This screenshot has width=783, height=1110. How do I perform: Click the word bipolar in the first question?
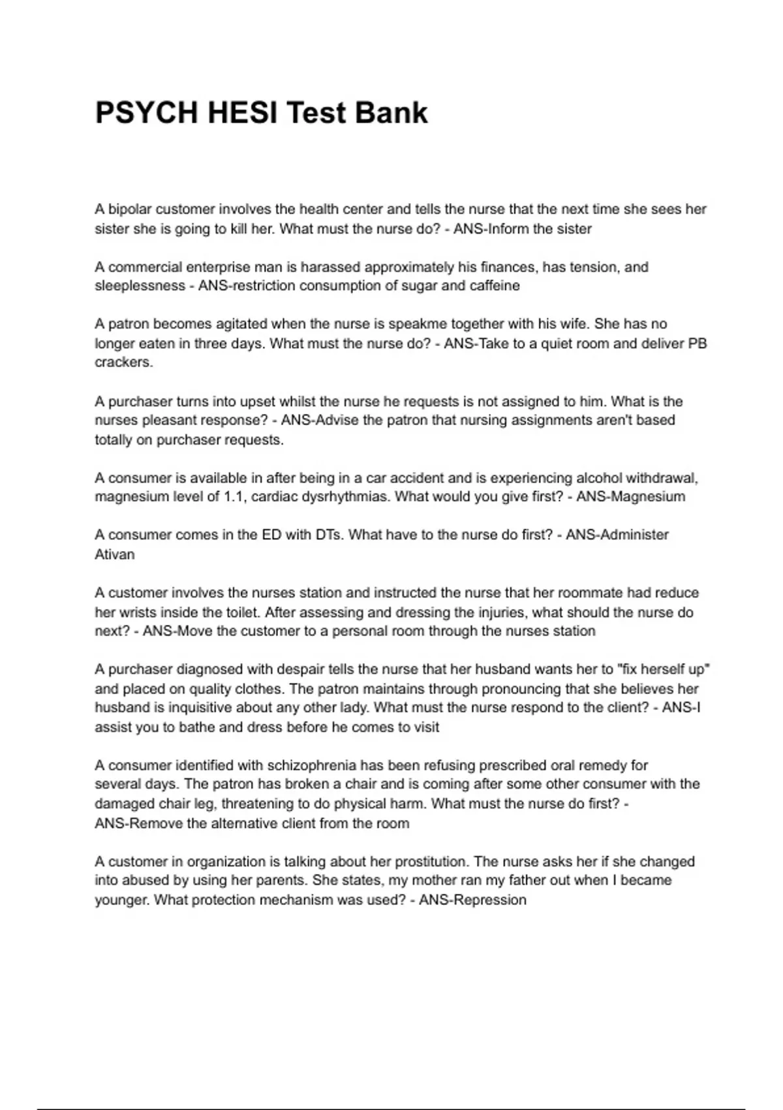(x=130, y=210)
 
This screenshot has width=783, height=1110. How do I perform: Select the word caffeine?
(x=495, y=286)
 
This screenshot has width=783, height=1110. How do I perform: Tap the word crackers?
(x=123, y=362)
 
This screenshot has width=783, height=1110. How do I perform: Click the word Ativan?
(x=115, y=554)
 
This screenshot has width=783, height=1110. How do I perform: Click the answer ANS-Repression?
(x=472, y=900)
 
